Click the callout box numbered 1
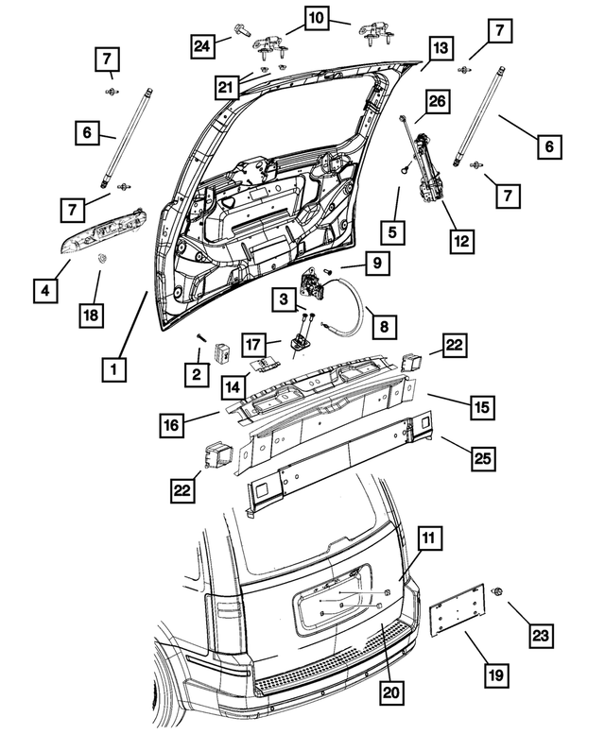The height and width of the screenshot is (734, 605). [113, 367]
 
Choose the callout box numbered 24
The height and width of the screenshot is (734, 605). [201, 44]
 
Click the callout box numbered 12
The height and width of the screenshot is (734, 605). [460, 240]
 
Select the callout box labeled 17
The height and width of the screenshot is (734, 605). [251, 342]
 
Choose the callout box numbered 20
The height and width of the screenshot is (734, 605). [389, 692]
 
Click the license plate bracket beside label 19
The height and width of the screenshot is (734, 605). [458, 619]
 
